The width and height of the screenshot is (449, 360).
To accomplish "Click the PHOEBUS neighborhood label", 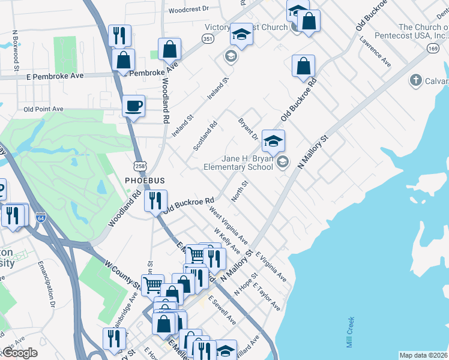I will [144, 180].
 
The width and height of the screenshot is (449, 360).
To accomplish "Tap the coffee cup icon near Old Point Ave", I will [134, 106].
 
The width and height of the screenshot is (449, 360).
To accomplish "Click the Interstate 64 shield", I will [41, 217].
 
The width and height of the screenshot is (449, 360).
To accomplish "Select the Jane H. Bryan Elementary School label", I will [238, 163].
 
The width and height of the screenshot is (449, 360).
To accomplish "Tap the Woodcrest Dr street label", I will [188, 10].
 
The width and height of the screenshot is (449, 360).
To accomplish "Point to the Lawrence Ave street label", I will [375, 53].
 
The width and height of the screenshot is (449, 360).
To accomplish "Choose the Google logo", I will [20, 353].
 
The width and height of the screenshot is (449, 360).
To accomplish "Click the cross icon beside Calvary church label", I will [414, 80].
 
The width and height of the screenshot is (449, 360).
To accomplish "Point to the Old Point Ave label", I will [43, 109].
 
